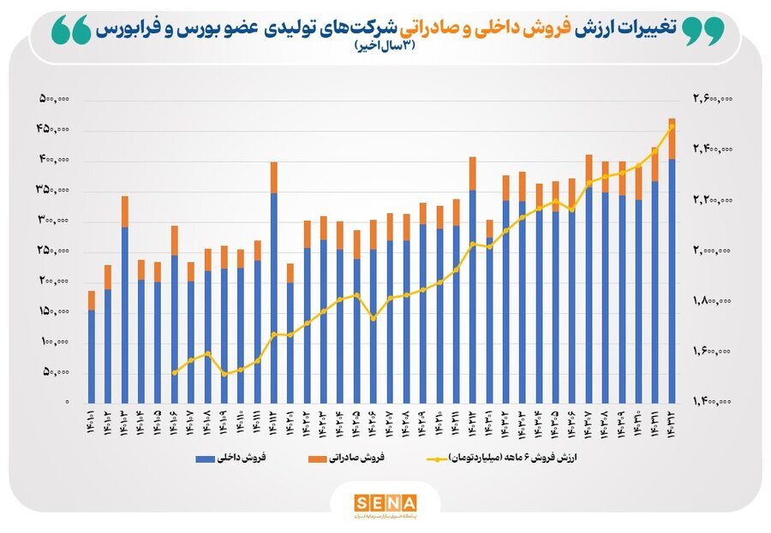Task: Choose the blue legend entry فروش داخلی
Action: click(231, 459)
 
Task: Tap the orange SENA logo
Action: click(385, 502)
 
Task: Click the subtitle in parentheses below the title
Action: click(385, 47)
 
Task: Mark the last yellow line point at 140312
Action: click(672, 127)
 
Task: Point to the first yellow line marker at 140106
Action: click(174, 373)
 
